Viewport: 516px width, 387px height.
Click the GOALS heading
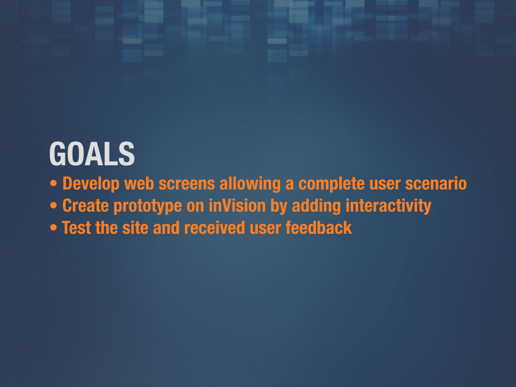tap(92, 154)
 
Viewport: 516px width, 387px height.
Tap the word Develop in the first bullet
tap(91, 184)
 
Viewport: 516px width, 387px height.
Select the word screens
tap(186, 184)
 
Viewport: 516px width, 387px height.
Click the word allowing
tap(250, 184)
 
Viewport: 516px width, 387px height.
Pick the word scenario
tap(436, 183)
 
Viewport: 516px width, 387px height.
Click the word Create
tap(86, 206)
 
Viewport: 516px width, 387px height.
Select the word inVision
tap(237, 206)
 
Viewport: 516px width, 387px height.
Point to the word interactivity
tap(389, 206)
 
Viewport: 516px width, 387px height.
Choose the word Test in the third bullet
tap(77, 228)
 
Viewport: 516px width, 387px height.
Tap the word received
tap(215, 228)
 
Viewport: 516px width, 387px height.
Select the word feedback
tap(318, 228)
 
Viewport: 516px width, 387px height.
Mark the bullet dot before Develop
tap(53, 184)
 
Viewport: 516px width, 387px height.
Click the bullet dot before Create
tap(53, 206)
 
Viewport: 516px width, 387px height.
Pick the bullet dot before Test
tap(53, 228)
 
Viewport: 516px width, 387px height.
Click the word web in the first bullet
tap(139, 184)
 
